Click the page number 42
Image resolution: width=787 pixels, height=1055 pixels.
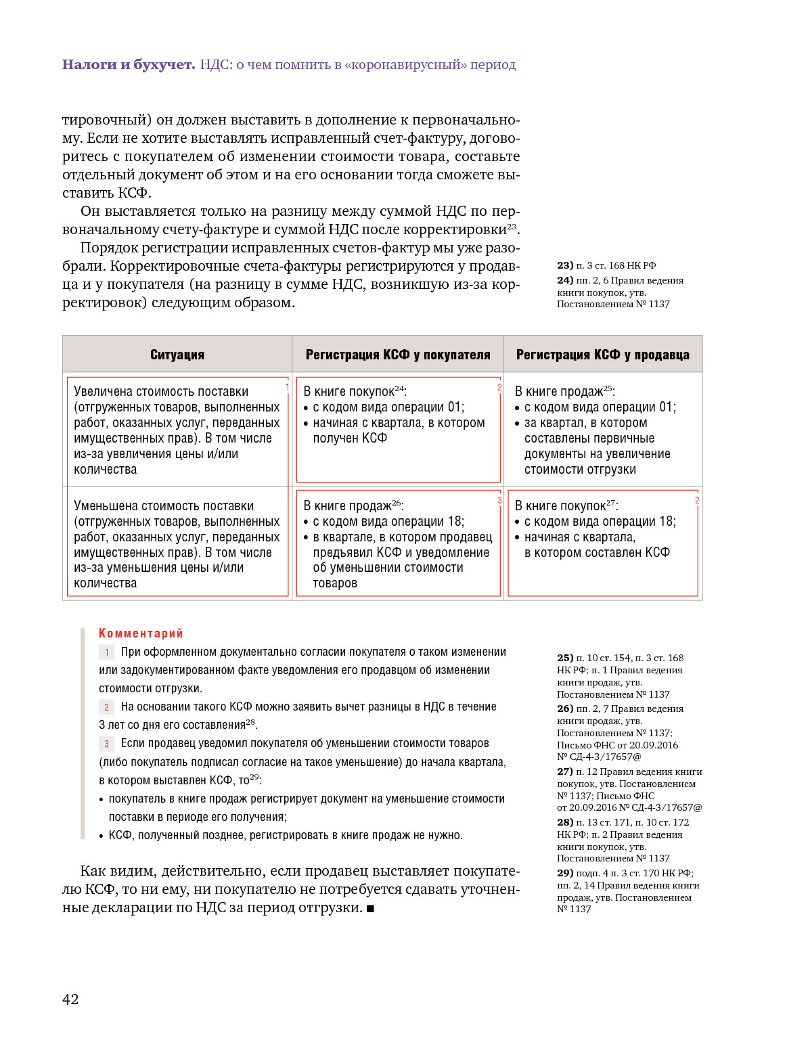(70, 999)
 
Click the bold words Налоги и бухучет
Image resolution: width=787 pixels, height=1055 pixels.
(129, 65)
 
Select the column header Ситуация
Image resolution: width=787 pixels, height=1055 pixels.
(177, 355)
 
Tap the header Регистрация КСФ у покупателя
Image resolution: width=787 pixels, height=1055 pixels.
(398, 355)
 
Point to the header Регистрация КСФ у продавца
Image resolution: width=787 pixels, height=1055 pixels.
(602, 355)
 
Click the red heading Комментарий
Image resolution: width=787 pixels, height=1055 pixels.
(141, 633)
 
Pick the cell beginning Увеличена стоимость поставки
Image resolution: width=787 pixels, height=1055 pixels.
(177, 430)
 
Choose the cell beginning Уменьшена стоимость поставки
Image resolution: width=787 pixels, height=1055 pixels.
(177, 544)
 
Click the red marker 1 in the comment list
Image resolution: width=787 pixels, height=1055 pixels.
(106, 652)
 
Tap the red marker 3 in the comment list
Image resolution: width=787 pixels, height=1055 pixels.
(106, 744)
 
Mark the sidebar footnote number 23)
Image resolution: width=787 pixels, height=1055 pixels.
(565, 265)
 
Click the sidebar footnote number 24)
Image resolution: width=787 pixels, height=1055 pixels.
(565, 280)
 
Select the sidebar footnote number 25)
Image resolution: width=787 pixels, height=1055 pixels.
(565, 658)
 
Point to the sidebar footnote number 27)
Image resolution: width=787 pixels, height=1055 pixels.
(565, 771)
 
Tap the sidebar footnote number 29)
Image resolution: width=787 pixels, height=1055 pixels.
(565, 873)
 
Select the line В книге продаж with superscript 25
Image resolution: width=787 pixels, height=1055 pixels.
(564, 391)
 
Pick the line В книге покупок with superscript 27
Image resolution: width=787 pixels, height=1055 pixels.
(566, 506)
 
